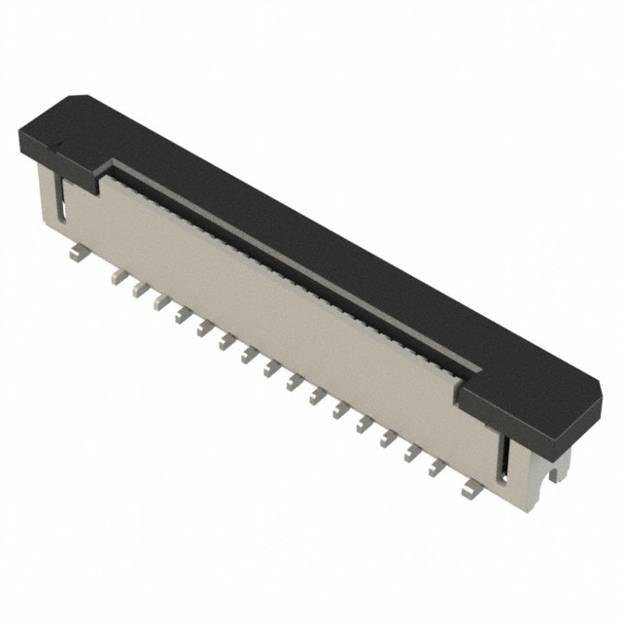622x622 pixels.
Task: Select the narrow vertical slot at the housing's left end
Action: click(x=61, y=198)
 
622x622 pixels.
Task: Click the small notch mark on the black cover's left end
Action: click(x=54, y=147)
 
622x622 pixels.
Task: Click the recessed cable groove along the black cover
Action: click(x=292, y=262)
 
